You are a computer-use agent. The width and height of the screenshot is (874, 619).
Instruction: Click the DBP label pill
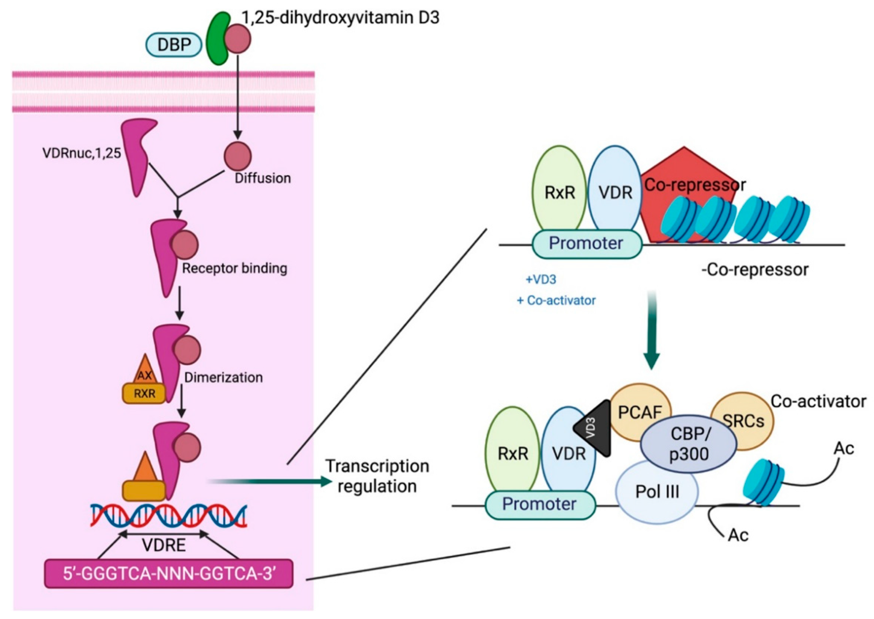pos(174,45)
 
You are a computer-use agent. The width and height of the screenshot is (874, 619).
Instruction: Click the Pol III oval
pos(657,492)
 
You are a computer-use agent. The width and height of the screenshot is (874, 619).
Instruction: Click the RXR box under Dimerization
pos(144,393)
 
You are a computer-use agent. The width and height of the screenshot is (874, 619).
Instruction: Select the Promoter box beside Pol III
pos(540,504)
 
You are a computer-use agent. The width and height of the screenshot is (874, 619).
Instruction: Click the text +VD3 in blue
pos(541,280)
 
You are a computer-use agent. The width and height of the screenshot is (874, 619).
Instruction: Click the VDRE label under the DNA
pos(164,545)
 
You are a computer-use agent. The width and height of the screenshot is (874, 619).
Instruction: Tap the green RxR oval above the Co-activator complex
pos(512,452)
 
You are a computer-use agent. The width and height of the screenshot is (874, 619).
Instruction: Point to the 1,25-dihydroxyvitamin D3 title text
pos(341,18)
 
